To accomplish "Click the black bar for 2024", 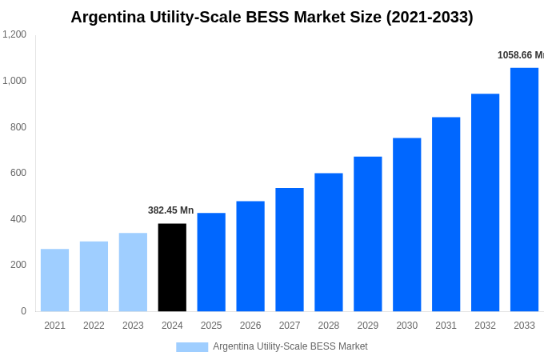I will tap(172, 267).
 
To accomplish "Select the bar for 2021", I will tap(54, 280).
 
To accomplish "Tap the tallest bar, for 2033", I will tap(524, 190).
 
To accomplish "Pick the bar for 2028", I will tap(328, 242).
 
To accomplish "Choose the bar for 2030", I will tap(406, 225).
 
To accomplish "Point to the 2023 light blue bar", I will tap(133, 272).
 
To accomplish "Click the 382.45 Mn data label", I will tap(170, 210).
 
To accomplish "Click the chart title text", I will tap(272, 17).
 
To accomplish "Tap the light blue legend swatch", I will tap(192, 347).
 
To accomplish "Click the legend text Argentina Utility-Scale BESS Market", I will tap(290, 346).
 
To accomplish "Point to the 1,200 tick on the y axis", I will tap(14, 34).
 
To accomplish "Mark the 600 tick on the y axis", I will tap(18, 173).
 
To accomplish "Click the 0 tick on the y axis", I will tap(23, 311).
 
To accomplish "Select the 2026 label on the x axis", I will tap(250, 326).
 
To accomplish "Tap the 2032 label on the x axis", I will tap(485, 326).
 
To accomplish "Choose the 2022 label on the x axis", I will tap(94, 326).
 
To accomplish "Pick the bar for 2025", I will tap(211, 262).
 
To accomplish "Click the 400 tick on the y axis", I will tap(18, 219).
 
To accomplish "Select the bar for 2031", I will tap(446, 214).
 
